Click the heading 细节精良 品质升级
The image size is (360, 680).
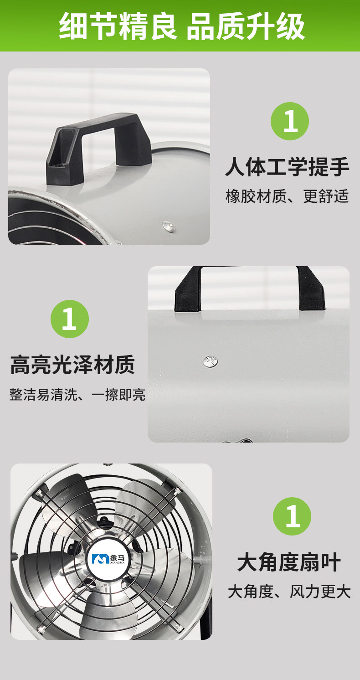tap(182, 26)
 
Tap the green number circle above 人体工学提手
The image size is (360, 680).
tap(289, 121)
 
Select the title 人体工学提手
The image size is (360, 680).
tap(287, 167)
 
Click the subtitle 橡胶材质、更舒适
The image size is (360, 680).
tap(287, 196)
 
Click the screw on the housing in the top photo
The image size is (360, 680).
tap(169, 227)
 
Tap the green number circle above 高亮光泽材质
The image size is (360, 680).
tap(70, 319)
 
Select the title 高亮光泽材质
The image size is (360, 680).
tap(72, 364)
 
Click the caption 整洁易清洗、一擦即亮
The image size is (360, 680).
tap(77, 394)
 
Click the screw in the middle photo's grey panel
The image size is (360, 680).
tap(211, 361)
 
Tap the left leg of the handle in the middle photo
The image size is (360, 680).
tap(188, 288)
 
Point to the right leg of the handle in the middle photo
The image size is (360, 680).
tap(311, 288)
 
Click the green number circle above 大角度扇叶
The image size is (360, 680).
tap(292, 516)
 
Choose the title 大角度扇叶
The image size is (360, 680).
tap(288, 562)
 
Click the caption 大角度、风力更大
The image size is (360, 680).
tap(289, 592)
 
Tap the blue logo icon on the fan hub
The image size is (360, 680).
tap(100, 559)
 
